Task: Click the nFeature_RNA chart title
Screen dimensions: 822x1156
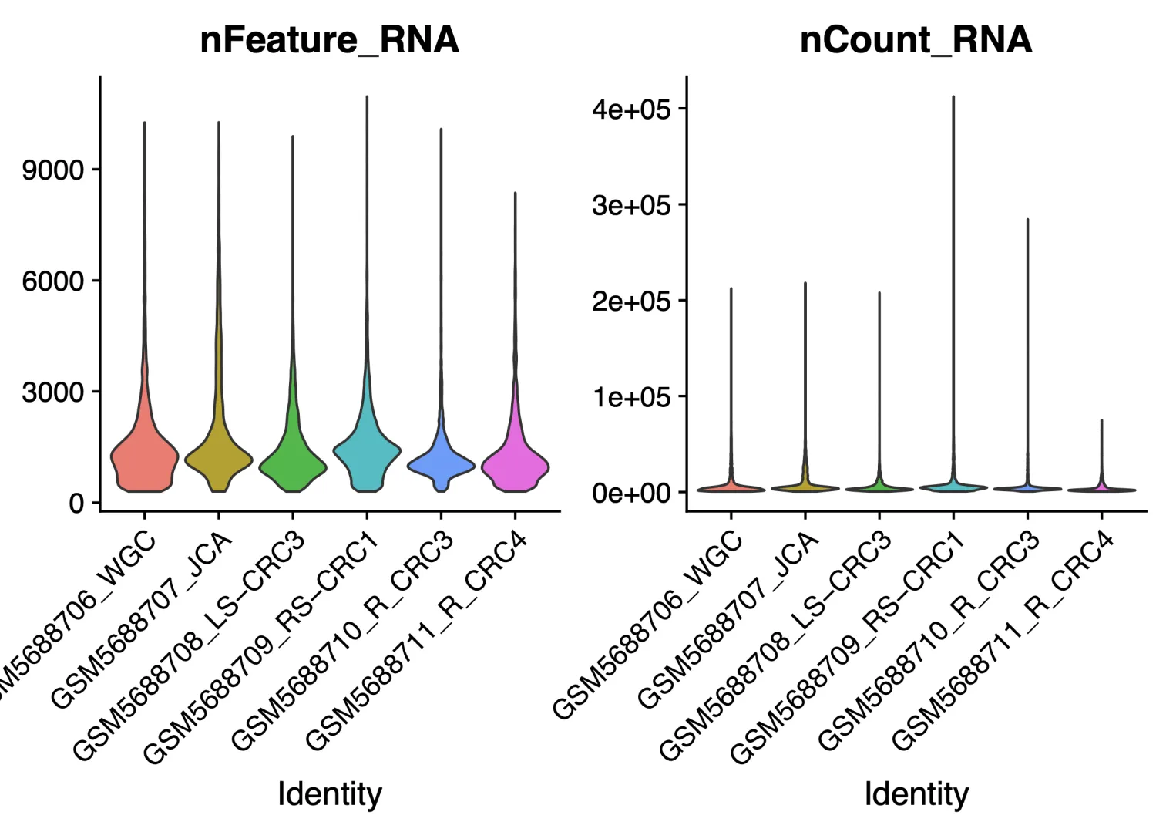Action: pyautogui.click(x=329, y=40)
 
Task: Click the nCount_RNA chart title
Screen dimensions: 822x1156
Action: pyautogui.click(x=916, y=40)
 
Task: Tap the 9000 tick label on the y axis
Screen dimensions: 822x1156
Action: pyautogui.click(x=53, y=170)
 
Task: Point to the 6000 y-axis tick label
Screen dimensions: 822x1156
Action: pyautogui.click(x=53, y=281)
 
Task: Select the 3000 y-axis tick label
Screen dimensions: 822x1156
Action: pyautogui.click(x=53, y=392)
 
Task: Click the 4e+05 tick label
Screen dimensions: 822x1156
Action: pyautogui.click(x=631, y=109)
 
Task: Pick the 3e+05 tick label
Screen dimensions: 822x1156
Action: pyautogui.click(x=631, y=205)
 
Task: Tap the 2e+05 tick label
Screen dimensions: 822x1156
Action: pyautogui.click(x=631, y=301)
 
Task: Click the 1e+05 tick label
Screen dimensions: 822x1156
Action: pyautogui.click(x=631, y=397)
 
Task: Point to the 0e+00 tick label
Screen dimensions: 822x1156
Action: pyautogui.click(x=631, y=493)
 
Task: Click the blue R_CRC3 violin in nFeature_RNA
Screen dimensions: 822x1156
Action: pyautogui.click(x=441, y=463)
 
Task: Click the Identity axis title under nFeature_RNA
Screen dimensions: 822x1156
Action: pyautogui.click(x=329, y=793)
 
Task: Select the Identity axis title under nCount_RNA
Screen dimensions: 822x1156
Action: pyautogui.click(x=916, y=793)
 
